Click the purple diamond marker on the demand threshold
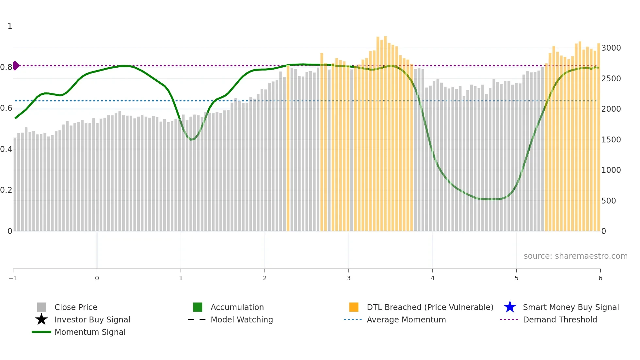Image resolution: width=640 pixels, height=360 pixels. coord(16,66)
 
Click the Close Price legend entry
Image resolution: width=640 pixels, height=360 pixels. coord(75,307)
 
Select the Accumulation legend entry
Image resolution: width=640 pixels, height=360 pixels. coord(237,307)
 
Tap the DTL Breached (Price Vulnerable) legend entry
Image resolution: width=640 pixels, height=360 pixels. coord(430,307)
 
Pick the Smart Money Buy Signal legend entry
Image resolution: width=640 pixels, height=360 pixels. coord(570,307)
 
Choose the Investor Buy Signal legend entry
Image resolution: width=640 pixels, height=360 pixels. coord(92,319)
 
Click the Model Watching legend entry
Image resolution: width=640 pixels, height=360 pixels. coord(241,319)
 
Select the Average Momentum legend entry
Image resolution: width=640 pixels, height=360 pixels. coord(406,319)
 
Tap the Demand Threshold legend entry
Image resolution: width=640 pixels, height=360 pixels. coord(560,319)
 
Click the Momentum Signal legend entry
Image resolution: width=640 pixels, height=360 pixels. coord(90,332)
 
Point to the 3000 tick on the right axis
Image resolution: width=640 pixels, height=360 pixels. coord(611,48)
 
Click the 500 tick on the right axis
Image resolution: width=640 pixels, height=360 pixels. coord(609,201)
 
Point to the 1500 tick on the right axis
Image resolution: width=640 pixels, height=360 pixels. coord(611,139)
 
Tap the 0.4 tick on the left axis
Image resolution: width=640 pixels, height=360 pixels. coord(6,149)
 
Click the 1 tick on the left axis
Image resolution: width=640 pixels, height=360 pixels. coord(10,26)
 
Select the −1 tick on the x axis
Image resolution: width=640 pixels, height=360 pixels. coord(13,278)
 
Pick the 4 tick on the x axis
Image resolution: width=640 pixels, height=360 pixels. coord(433,278)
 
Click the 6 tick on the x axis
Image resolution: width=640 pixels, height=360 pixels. coord(600,278)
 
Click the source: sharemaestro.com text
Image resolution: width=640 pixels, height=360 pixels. coord(575,256)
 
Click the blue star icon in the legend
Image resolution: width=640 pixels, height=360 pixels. coord(510,307)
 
